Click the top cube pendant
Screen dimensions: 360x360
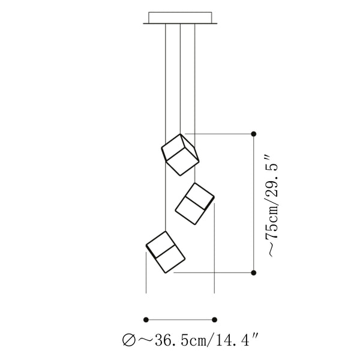180,155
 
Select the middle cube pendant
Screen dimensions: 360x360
194,203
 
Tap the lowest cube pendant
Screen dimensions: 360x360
166,252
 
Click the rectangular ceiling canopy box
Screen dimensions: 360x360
180,17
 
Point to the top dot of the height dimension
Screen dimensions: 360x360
253,134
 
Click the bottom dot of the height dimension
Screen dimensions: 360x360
253,273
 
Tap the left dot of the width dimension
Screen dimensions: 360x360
146,320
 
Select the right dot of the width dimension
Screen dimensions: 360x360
214,320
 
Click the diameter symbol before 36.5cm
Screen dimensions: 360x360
129,340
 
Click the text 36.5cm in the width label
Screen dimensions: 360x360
181,340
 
